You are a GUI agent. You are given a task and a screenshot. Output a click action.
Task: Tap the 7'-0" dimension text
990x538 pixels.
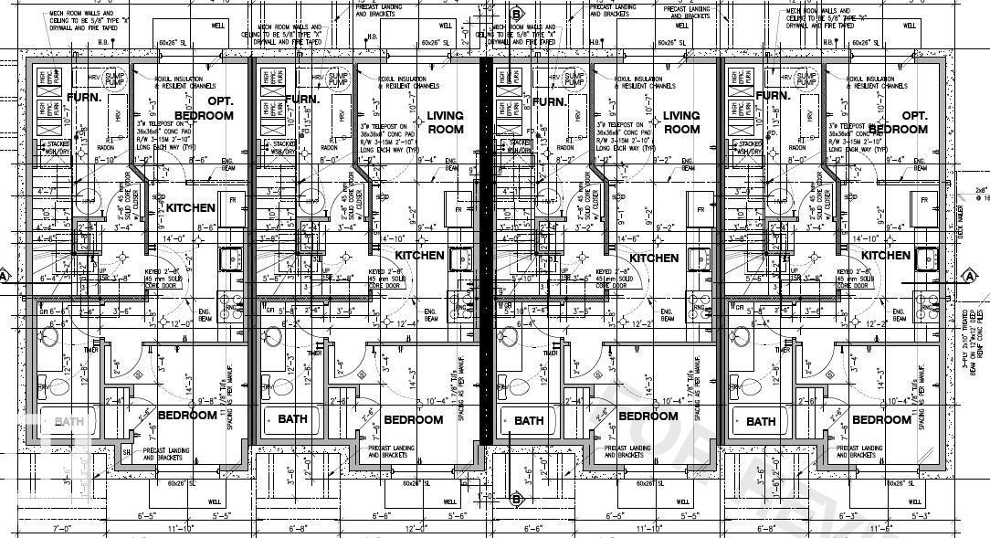pos(63,529)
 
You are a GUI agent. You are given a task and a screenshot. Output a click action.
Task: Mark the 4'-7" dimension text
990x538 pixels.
pos(46,191)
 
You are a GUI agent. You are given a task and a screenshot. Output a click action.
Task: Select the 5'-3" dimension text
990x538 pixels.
pos(920,516)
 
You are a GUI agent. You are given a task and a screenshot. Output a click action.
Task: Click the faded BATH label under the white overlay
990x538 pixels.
pos(68,422)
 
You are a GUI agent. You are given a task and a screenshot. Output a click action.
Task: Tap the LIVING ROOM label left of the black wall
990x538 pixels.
pos(446,122)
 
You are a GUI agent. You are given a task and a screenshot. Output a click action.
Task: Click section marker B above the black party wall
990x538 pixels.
pos(516,14)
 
